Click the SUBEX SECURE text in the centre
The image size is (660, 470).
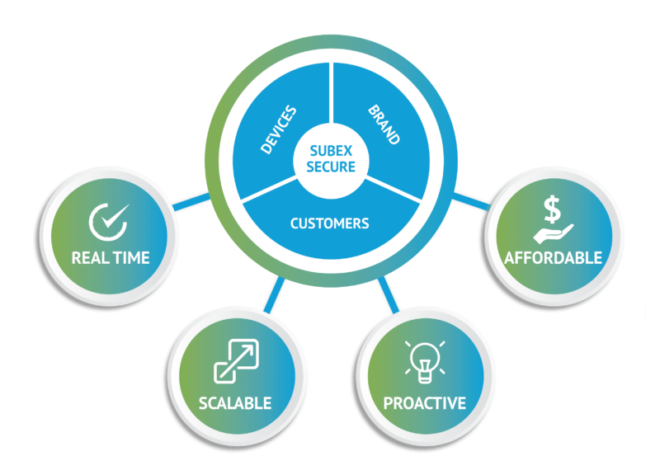pyautogui.click(x=331, y=159)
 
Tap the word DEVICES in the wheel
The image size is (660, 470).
pyautogui.click(x=278, y=130)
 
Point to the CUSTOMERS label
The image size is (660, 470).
pyautogui.click(x=329, y=223)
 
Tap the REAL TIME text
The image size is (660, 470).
pyautogui.click(x=111, y=258)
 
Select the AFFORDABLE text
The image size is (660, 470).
pyautogui.click(x=554, y=258)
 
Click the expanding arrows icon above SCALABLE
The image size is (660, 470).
pyautogui.click(x=234, y=360)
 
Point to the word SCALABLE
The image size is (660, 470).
pyautogui.click(x=234, y=403)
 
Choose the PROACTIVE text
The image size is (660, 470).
pyautogui.click(x=425, y=403)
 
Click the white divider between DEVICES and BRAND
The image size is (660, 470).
pyautogui.click(x=331, y=95)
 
